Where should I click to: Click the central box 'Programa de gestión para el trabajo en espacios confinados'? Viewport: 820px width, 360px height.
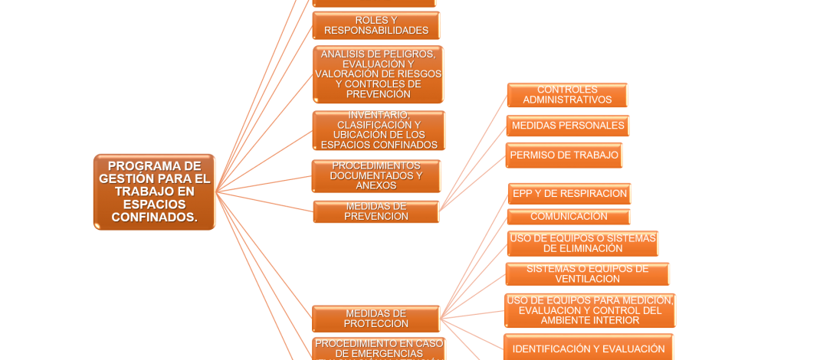tap(154, 191)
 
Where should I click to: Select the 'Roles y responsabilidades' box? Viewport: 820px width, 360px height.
tap(376, 25)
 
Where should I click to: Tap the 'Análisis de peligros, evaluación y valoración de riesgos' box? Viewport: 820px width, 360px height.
tap(378, 74)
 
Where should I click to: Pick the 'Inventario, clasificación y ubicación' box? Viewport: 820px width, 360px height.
tap(378, 130)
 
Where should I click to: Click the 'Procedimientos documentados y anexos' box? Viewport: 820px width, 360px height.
tap(376, 176)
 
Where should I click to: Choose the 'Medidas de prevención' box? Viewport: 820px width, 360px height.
tap(376, 211)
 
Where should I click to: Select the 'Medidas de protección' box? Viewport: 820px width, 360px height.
tap(376, 319)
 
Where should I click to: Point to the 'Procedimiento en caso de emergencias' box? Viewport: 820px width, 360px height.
tap(379, 349)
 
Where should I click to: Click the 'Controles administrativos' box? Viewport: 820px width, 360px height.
tap(567, 95)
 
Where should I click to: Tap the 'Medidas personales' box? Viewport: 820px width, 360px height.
tap(568, 126)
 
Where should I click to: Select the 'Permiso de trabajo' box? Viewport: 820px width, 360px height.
tap(564, 155)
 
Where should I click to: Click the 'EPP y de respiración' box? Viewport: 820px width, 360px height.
tap(569, 194)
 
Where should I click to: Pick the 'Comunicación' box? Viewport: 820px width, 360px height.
tap(569, 217)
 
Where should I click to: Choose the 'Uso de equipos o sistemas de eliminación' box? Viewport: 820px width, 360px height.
tap(582, 244)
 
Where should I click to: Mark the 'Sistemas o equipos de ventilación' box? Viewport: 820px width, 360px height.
tap(587, 273)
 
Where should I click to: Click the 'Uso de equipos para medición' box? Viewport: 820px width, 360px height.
tap(589, 310)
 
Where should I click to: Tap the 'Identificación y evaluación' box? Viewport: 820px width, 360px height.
tap(589, 349)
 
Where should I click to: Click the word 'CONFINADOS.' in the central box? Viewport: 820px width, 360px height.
tap(154, 218)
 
